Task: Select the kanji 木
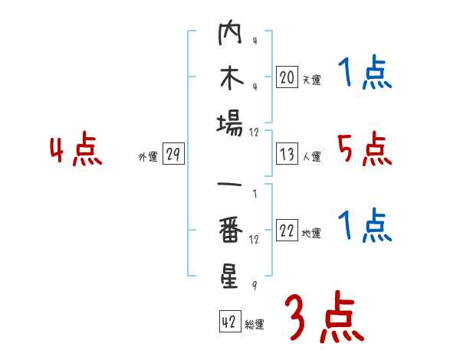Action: pyautogui.click(x=230, y=79)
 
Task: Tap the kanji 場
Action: pyautogui.click(x=230, y=122)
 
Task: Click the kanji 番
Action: pyautogui.click(x=230, y=231)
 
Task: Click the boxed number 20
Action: pyautogui.click(x=287, y=77)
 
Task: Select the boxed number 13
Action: pyautogui.click(x=287, y=155)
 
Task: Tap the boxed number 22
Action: pyautogui.click(x=287, y=231)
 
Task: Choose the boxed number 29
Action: pyautogui.click(x=173, y=155)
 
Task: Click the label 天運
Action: pyautogui.click(x=311, y=80)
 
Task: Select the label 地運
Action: pyautogui.click(x=311, y=234)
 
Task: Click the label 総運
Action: pyautogui.click(x=255, y=324)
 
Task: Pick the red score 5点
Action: pyautogui.click(x=364, y=149)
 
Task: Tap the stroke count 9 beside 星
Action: pyautogui.click(x=254, y=286)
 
